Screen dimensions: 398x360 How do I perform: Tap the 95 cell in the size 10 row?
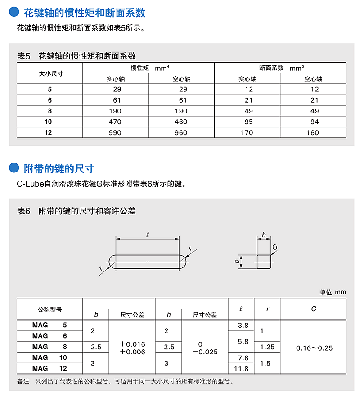coord(247,122)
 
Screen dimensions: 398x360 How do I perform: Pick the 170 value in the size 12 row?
coord(247,133)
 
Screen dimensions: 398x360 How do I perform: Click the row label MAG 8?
coord(49,347)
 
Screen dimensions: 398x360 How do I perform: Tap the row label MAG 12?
coord(49,368)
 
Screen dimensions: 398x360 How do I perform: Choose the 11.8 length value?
coord(242,369)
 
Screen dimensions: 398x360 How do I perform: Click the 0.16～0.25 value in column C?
coord(314,348)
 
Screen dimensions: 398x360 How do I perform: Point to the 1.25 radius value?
coord(267,347)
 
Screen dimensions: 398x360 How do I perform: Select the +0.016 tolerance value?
coord(133,344)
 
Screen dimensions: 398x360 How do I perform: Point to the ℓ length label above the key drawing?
coord(148,234)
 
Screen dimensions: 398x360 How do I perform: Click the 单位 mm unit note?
coord(333,292)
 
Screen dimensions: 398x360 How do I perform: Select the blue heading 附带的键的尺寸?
coord(59,169)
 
